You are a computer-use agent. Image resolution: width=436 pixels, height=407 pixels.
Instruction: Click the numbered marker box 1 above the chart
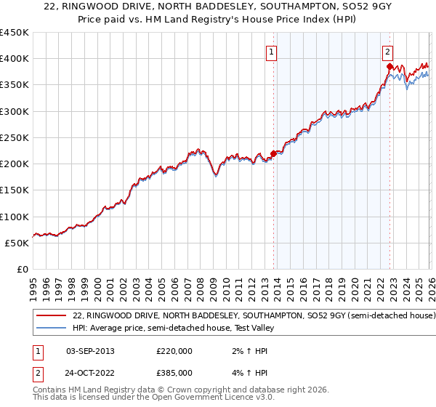271,52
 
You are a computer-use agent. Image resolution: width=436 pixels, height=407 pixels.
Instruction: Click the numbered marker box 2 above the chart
387,52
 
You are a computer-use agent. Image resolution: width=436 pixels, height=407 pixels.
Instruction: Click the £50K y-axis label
17,243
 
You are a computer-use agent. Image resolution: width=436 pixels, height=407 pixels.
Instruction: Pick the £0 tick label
22,269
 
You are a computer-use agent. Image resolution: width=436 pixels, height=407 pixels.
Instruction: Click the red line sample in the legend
52,316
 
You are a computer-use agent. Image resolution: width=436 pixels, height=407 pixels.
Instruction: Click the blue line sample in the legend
52,328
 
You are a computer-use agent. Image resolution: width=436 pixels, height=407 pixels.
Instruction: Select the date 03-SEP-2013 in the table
90,351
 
